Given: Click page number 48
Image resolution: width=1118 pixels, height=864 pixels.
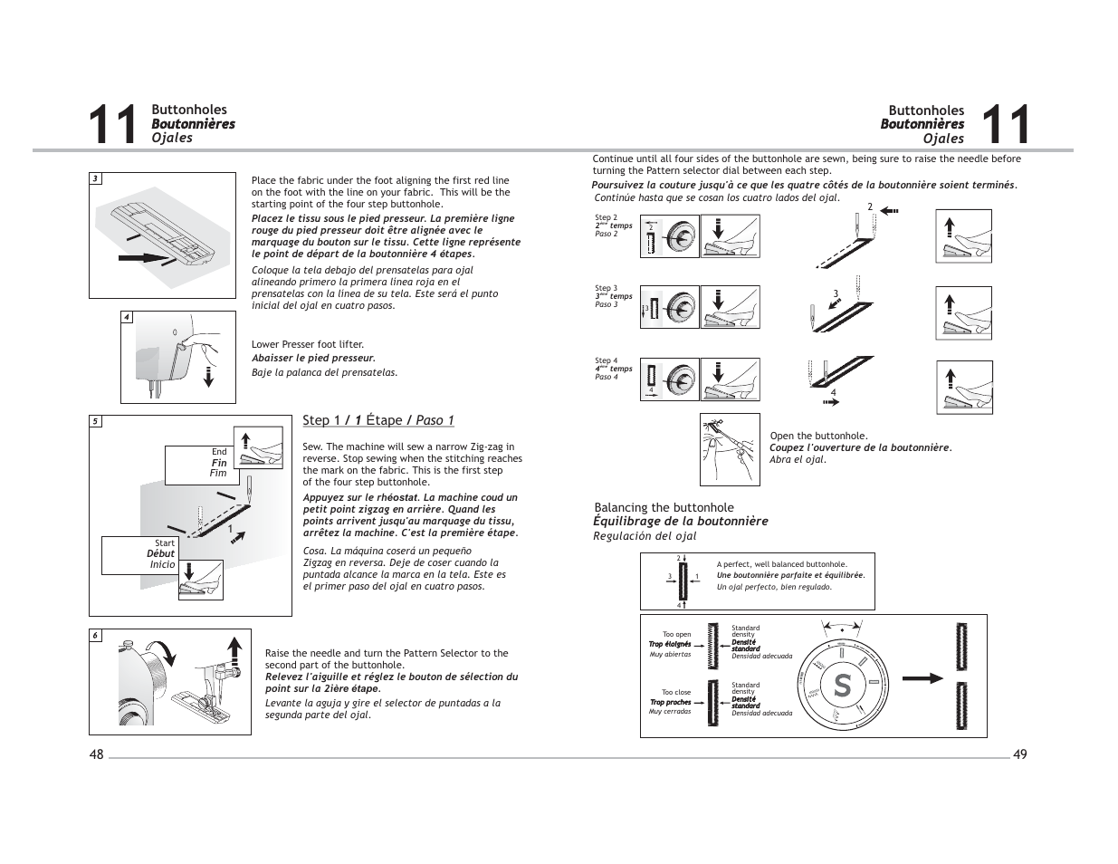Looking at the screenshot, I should (x=97, y=755).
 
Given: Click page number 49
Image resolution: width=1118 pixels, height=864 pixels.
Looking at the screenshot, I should (x=1020, y=755).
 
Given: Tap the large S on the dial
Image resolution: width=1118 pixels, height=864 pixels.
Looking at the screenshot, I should (x=842, y=686).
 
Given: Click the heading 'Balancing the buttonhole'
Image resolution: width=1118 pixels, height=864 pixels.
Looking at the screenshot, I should (x=664, y=508).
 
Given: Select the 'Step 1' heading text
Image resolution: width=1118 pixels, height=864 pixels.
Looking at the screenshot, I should (x=321, y=420).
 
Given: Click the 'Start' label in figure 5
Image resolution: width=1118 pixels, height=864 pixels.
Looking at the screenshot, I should (x=165, y=543).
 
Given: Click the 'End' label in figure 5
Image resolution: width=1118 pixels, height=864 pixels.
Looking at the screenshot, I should (x=219, y=452).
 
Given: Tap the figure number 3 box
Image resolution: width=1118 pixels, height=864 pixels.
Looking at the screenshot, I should (x=95, y=178).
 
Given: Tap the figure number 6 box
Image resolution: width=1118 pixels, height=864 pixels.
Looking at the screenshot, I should (x=95, y=635).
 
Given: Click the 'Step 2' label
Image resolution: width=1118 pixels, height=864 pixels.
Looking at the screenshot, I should (x=606, y=218).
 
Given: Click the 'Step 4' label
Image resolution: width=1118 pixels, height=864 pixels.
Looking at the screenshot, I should (x=606, y=360).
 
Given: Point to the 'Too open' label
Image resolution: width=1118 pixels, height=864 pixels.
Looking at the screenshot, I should (x=676, y=635).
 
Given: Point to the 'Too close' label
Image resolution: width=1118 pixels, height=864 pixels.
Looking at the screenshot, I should (x=675, y=693).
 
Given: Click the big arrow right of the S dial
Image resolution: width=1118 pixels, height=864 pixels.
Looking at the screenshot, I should (x=923, y=678).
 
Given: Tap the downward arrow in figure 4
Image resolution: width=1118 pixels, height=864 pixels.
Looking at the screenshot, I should (x=209, y=374).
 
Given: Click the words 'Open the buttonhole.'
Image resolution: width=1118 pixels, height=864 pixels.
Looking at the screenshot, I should (x=818, y=436).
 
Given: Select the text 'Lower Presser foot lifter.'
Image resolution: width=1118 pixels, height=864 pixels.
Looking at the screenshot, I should (x=308, y=344).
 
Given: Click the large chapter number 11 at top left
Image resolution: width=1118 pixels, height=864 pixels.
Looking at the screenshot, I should (x=114, y=125).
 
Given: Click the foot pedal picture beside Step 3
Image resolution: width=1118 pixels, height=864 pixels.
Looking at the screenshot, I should (x=730, y=307).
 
